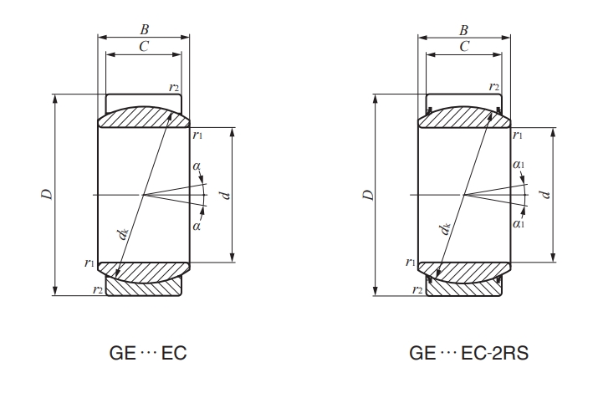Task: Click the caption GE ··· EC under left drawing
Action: [148, 353]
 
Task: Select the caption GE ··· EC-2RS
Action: [468, 353]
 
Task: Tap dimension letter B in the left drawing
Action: [144, 29]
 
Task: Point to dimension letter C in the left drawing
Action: [144, 47]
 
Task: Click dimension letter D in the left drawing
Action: [48, 195]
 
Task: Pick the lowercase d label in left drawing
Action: [226, 195]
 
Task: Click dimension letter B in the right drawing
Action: [464, 29]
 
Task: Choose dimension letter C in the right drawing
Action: [464, 47]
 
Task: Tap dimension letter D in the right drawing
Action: [367, 195]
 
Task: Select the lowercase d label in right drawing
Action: [545, 195]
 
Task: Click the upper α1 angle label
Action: [519, 165]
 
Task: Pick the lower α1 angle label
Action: [519, 224]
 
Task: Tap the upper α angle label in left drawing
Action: [197, 166]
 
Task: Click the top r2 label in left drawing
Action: [174, 86]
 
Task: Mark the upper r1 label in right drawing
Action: [519, 134]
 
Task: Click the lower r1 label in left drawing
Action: [89, 263]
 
